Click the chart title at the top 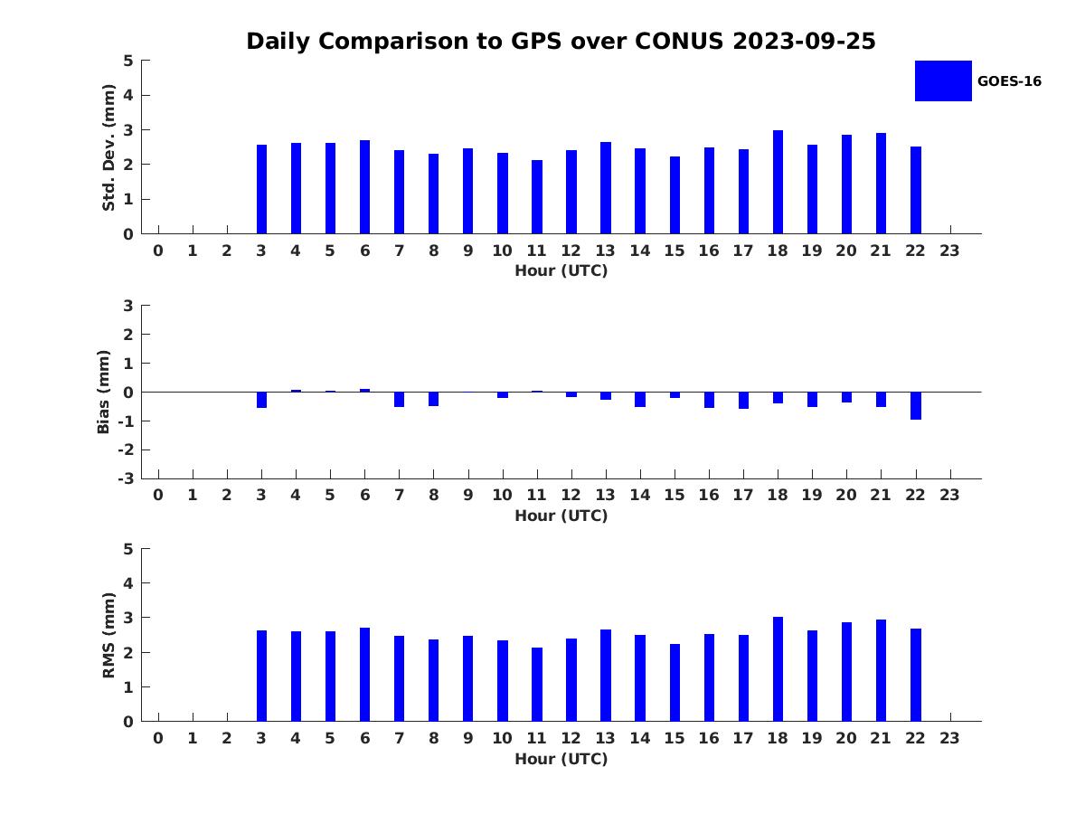pyautogui.click(x=561, y=42)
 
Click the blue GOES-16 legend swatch pyautogui.click(x=942, y=80)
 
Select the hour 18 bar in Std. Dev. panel pyautogui.click(x=778, y=182)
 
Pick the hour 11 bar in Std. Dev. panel pyautogui.click(x=537, y=197)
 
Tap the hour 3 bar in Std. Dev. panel pyautogui.click(x=261, y=189)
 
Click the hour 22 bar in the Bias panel pyautogui.click(x=916, y=405)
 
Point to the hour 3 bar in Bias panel pyautogui.click(x=261, y=400)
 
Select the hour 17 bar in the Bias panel pyautogui.click(x=743, y=400)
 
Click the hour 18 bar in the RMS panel pyautogui.click(x=778, y=669)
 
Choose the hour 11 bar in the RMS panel pyautogui.click(x=537, y=685)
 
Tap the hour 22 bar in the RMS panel pyautogui.click(x=916, y=675)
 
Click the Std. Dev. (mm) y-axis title pyautogui.click(x=108, y=147)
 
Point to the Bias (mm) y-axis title pyautogui.click(x=104, y=392)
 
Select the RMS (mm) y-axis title pyautogui.click(x=108, y=635)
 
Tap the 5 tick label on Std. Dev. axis pyautogui.click(x=128, y=61)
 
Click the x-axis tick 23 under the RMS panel pyautogui.click(x=949, y=738)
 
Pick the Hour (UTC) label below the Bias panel pyautogui.click(x=561, y=516)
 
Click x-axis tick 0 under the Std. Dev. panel pyautogui.click(x=158, y=251)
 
